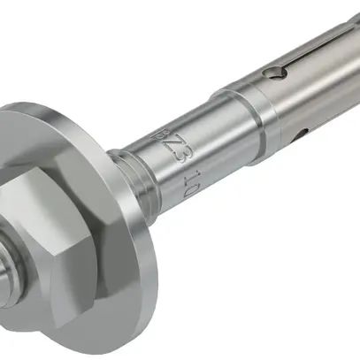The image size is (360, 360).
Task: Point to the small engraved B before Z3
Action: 159,131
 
